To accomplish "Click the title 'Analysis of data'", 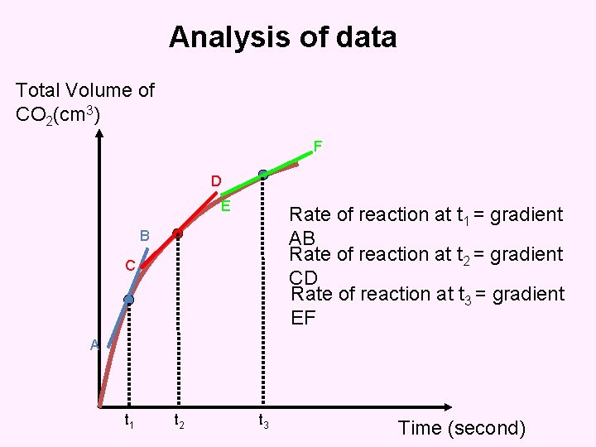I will coord(283,37).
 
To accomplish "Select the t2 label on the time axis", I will coord(178,422).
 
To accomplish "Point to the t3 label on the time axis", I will coord(262,422).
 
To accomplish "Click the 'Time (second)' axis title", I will coord(462,428).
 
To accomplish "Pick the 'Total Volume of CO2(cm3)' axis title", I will coord(85,102).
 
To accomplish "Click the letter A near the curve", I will coord(95,345).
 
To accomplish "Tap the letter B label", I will coord(144,236).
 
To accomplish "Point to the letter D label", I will coord(215,180).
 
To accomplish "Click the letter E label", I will coord(225,206).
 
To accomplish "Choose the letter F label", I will coord(317,147).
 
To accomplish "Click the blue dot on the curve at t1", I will coord(129,299).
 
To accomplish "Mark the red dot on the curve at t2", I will coord(177,233).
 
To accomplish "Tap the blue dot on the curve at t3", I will coord(262,175).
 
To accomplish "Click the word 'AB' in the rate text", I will coord(303,237).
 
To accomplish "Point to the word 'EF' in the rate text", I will coord(304,316).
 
